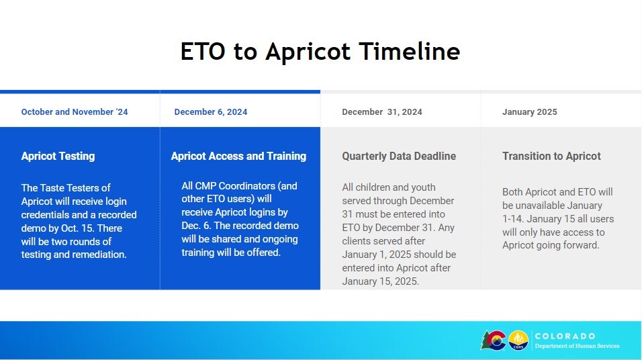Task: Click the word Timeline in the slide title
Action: pos(410,51)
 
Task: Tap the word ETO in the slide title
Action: pos(203,51)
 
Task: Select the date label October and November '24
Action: pos(75,111)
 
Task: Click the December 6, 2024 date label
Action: pos(210,111)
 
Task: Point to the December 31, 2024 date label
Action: pos(382,111)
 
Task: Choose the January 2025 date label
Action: pos(529,111)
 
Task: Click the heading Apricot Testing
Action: pos(58,156)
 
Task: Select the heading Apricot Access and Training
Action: pos(238,156)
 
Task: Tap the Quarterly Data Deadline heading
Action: pos(399,156)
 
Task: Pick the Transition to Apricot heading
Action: pos(551,156)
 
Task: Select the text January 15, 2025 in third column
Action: pos(379,281)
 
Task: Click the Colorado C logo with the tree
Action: pos(494,341)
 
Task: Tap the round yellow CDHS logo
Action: pos(518,341)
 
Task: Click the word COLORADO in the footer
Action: pos(565,336)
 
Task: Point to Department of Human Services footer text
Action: pos(577,346)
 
